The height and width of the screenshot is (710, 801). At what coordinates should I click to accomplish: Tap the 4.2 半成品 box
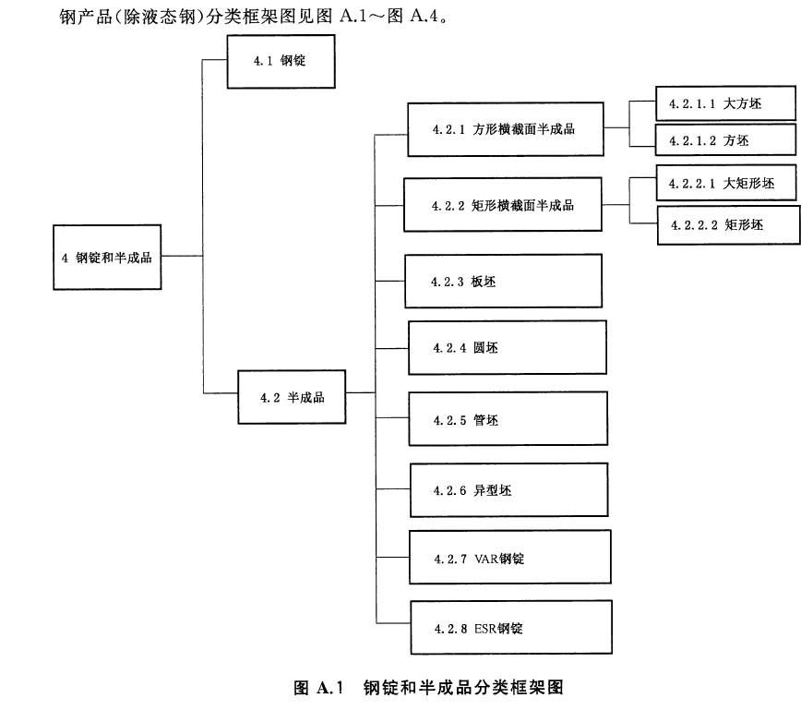pyautogui.click(x=293, y=398)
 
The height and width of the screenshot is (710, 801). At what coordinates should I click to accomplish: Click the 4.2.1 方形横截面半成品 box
pyautogui.click(x=506, y=129)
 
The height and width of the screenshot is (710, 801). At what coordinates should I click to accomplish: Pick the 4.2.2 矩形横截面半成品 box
pyautogui.click(x=503, y=205)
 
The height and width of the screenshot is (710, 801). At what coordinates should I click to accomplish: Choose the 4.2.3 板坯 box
pyautogui.click(x=503, y=282)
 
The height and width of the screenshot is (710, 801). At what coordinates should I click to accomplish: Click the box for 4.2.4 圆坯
pyautogui.click(x=507, y=348)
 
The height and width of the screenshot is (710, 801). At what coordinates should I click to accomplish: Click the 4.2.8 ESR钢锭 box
pyautogui.click(x=509, y=629)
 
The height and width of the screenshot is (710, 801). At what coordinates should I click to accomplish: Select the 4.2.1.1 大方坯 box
pyautogui.click(x=724, y=104)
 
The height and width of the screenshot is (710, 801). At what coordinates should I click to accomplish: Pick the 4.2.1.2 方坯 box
pyautogui.click(x=724, y=140)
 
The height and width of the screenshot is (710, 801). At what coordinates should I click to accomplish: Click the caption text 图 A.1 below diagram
pyautogui.click(x=318, y=687)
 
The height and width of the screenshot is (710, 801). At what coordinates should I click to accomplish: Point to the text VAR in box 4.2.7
pyautogui.click(x=485, y=559)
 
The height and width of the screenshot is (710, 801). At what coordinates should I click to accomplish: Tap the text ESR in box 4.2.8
pyautogui.click(x=485, y=630)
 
